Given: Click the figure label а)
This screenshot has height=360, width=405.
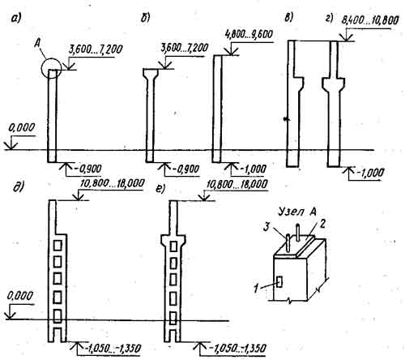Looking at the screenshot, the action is tap(15, 19).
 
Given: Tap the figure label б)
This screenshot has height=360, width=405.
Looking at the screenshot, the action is tap(145, 18).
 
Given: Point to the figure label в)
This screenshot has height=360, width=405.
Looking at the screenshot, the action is tap(288, 18).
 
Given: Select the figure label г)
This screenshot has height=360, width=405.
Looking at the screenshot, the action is tap(330, 18).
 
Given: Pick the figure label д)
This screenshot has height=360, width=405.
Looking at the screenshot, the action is tap(19, 187).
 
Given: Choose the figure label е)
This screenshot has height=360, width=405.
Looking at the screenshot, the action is tap(160, 189).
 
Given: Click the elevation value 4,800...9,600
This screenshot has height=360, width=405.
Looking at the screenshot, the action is tap(249, 35).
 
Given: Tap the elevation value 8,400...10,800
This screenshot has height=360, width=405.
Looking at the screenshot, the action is tap(370, 20).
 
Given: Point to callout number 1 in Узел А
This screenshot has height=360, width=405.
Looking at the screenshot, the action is tap(256, 288).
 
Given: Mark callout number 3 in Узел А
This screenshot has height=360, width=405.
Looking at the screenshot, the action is tap(266, 227).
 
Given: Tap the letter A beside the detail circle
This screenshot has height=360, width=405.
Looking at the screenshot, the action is tap(38, 43).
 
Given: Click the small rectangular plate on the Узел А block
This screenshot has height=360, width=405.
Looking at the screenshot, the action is tap(279, 281).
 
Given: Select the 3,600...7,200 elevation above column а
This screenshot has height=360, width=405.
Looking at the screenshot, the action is tap(96, 49).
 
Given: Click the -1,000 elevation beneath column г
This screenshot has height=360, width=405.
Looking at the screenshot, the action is tap(370, 172).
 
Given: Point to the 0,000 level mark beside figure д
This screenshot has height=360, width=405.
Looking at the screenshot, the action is tap(20, 296).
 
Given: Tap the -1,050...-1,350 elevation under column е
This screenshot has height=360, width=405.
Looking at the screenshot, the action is tap(238, 348).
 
